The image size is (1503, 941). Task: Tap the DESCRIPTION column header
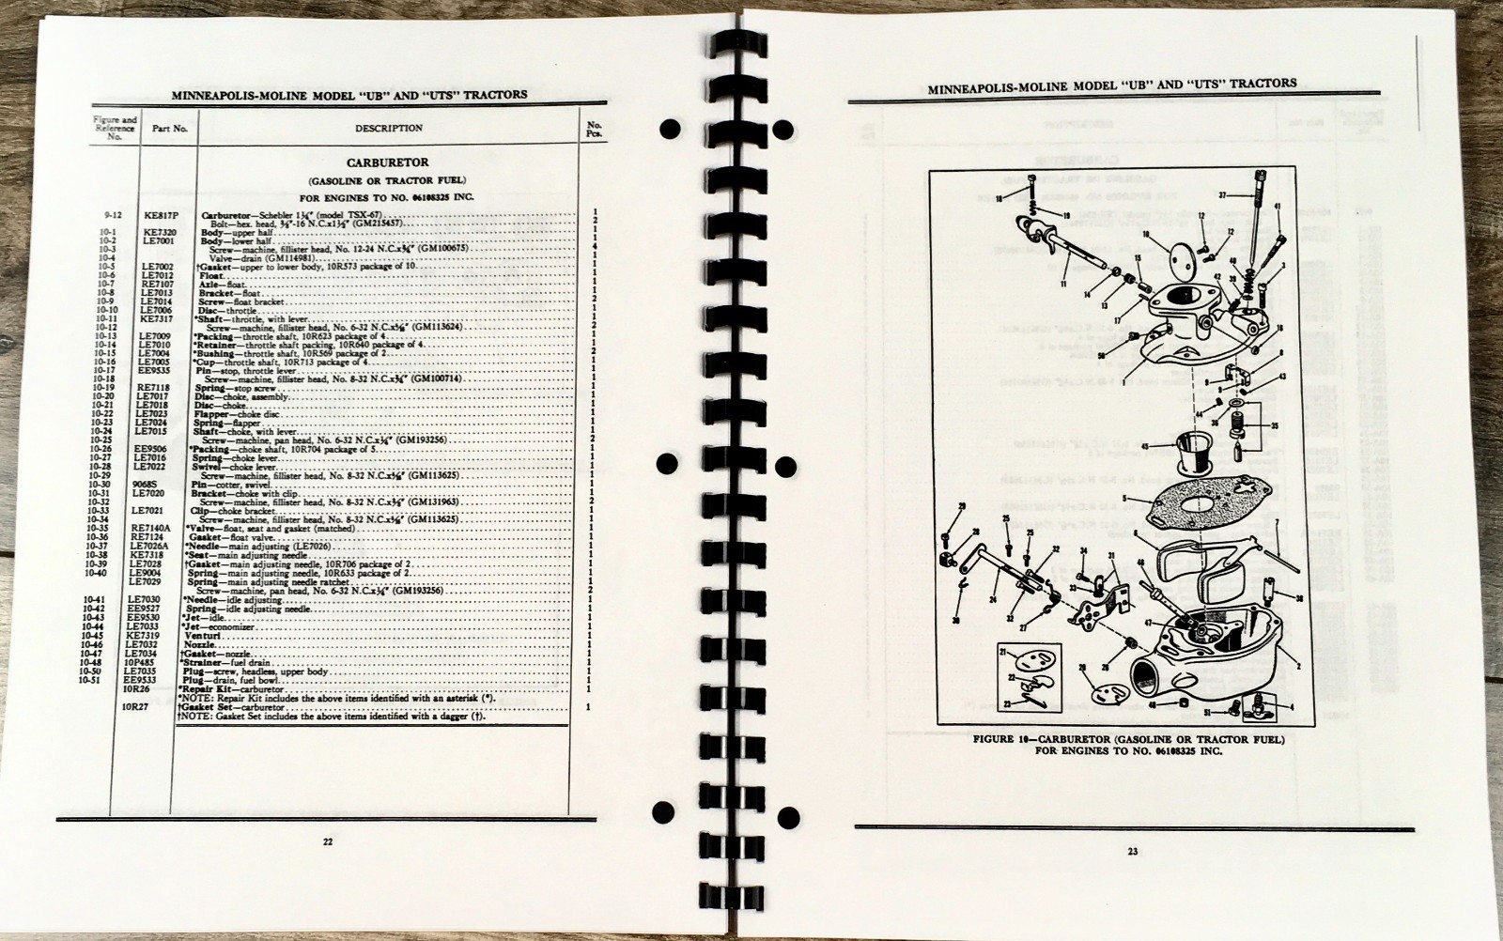click(x=388, y=128)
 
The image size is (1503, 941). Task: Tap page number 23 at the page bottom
click(x=1133, y=851)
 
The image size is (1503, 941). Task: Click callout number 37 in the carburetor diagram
click(x=1223, y=195)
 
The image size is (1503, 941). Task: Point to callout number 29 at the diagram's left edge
click(x=962, y=508)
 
